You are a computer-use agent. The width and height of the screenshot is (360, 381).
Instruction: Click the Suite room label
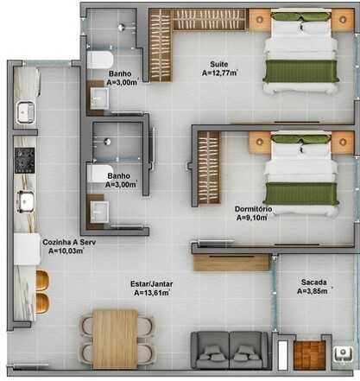point(218,64)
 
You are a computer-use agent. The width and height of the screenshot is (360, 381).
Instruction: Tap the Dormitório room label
point(253,209)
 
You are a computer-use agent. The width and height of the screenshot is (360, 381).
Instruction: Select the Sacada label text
point(313,283)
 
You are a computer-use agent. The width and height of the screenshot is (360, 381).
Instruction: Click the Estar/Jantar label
point(152,284)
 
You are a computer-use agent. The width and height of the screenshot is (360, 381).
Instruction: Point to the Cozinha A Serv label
point(69,242)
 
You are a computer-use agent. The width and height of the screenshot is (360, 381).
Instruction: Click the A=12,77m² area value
point(219,73)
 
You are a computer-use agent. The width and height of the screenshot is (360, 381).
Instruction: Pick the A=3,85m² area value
point(313,291)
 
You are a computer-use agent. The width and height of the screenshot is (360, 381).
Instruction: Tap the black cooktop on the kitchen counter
point(24,161)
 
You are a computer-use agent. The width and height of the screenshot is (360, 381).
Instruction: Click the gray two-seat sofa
point(230,350)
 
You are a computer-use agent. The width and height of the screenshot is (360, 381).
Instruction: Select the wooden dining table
point(116,340)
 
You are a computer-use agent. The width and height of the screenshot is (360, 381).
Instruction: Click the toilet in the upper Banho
point(99,60)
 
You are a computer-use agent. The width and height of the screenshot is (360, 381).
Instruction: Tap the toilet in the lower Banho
point(99,174)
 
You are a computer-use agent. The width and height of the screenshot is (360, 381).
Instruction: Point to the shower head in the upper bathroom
point(121,28)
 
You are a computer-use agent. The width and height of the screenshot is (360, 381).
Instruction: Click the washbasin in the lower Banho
point(99,212)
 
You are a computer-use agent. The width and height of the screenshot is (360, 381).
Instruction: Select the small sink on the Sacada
point(343,354)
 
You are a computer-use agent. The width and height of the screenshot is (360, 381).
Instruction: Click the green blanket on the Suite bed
point(300,72)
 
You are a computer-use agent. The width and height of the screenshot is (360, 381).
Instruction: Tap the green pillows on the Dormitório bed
point(300,139)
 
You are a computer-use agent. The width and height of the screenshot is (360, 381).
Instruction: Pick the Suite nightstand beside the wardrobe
point(260,20)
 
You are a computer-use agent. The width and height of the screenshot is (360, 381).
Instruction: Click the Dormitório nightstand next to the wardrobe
point(260,142)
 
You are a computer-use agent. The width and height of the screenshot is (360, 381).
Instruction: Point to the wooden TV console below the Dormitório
point(231,263)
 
